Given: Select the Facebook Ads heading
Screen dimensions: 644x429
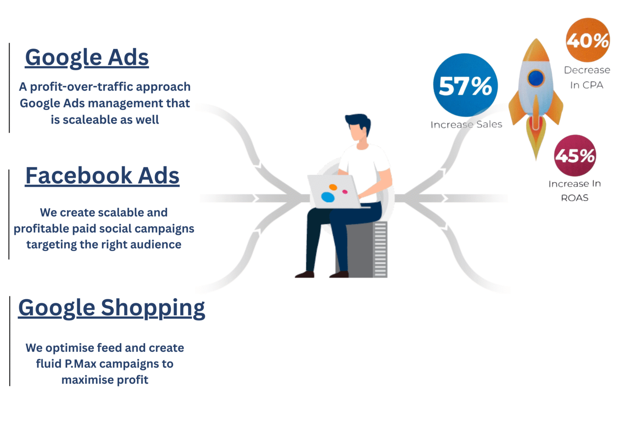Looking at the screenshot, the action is pyautogui.click(x=102, y=176).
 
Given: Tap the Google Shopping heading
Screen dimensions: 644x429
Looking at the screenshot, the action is pyautogui.click(x=112, y=308).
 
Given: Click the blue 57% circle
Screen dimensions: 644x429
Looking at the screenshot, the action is pyautogui.click(x=465, y=85).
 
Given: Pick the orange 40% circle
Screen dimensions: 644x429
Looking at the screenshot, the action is pyautogui.click(x=588, y=40).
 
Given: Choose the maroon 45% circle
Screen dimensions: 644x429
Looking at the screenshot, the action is pyautogui.click(x=575, y=155).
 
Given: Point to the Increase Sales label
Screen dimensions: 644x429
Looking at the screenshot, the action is pyautogui.click(x=466, y=124).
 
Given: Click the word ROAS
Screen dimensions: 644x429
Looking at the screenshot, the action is pyautogui.click(x=575, y=198).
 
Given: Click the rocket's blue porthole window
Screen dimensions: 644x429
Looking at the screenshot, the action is pyautogui.click(x=536, y=78).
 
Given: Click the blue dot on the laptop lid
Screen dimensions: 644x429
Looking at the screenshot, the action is pyautogui.click(x=328, y=197).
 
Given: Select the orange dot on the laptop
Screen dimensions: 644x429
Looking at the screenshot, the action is pyautogui.click(x=333, y=187).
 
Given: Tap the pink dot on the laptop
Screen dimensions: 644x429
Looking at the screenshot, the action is pyautogui.click(x=345, y=191).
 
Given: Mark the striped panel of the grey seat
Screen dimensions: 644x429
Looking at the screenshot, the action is pyautogui.click(x=380, y=249).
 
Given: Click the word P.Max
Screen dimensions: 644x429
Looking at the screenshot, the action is pyautogui.click(x=80, y=364).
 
